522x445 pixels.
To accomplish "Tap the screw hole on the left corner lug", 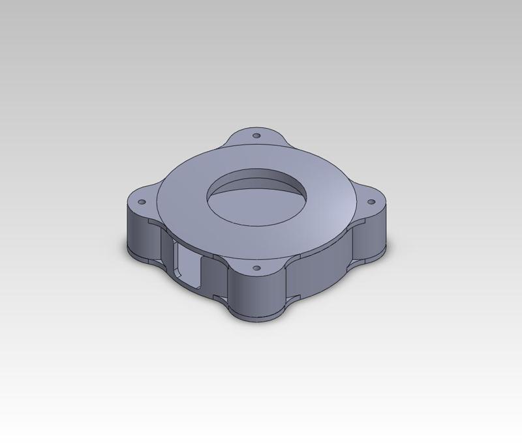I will tap(142, 202).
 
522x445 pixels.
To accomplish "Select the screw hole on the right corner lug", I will tap(372, 202).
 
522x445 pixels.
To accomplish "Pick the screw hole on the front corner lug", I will tap(256, 268).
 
